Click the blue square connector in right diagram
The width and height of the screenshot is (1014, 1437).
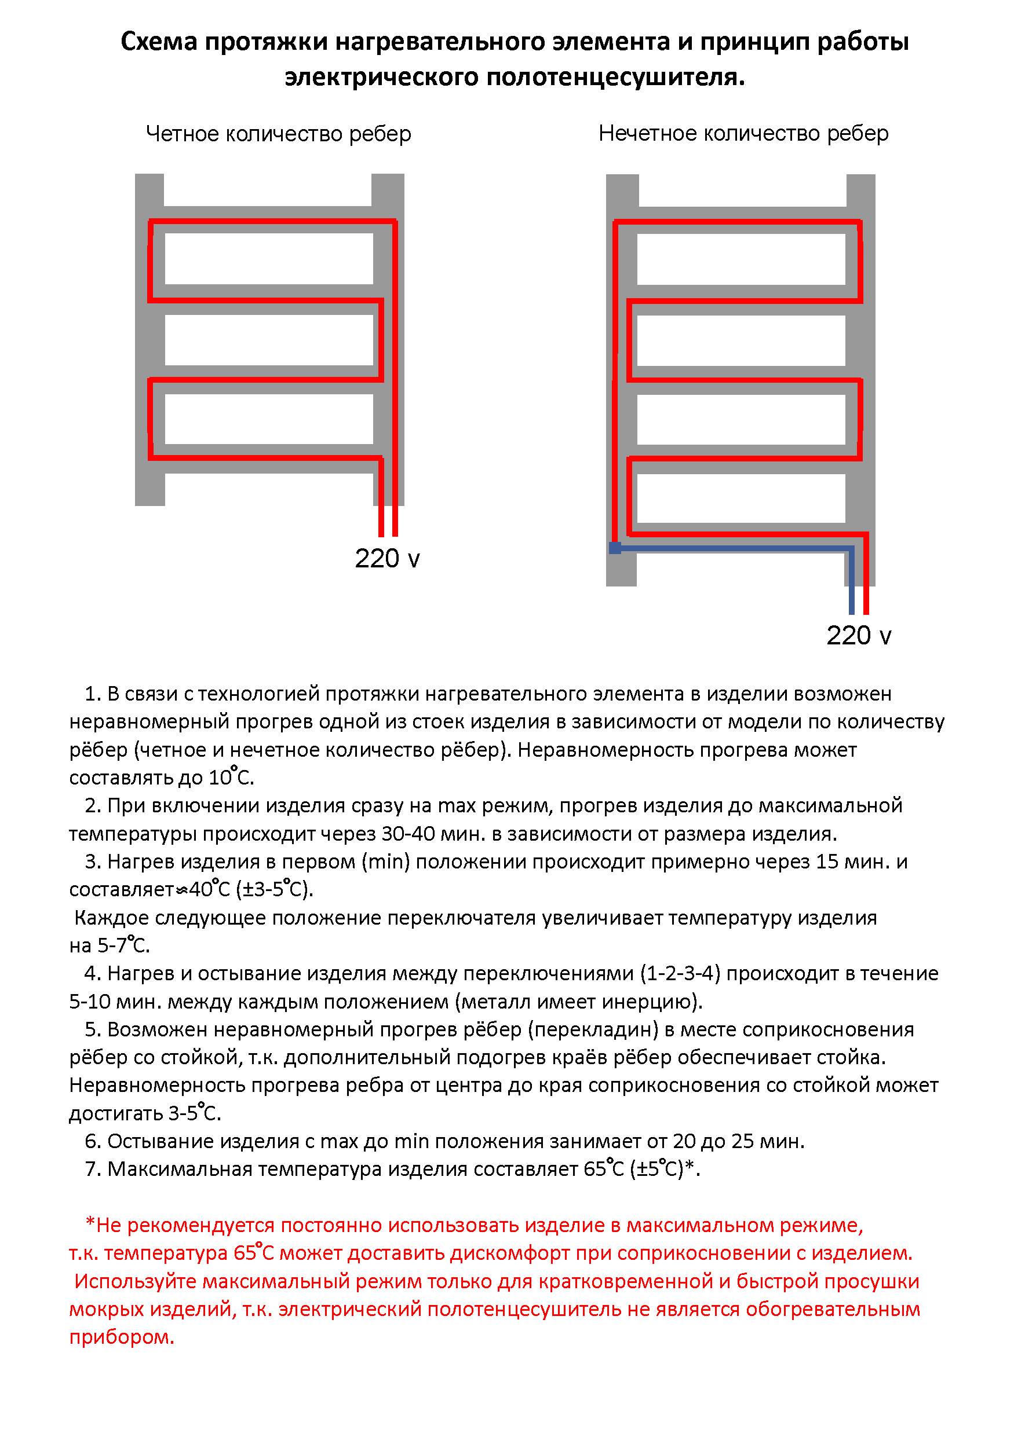tap(614, 548)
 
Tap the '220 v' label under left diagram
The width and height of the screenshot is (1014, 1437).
tap(386, 558)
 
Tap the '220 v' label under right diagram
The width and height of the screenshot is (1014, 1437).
tap(858, 635)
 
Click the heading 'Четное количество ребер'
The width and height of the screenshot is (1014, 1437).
tap(278, 134)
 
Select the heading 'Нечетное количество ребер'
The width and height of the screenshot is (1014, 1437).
tap(743, 133)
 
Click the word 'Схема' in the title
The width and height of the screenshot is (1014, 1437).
tap(158, 42)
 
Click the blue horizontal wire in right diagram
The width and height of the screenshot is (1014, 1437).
tap(733, 549)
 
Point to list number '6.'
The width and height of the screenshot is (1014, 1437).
tap(93, 1141)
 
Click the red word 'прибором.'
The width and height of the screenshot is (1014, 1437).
tap(122, 1337)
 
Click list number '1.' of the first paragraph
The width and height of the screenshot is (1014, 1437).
tap(93, 694)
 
